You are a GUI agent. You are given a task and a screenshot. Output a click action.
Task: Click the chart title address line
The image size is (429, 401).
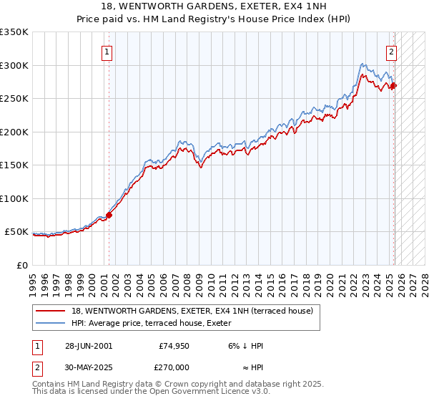click(x=214, y=7)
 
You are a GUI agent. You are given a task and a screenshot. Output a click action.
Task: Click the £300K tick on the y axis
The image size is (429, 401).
click(x=14, y=65)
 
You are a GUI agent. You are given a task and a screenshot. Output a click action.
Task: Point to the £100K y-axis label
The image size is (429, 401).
click(x=14, y=198)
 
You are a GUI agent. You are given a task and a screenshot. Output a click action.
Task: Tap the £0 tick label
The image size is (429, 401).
click(x=22, y=265)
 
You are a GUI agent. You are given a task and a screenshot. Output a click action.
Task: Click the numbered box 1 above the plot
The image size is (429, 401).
click(x=107, y=52)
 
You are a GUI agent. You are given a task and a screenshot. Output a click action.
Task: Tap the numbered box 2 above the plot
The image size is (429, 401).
click(x=392, y=52)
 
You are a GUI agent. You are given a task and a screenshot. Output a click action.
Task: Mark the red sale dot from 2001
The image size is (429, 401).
click(x=109, y=215)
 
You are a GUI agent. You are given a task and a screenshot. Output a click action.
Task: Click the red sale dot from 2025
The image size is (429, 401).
click(x=394, y=86)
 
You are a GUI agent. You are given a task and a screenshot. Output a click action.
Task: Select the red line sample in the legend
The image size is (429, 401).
click(x=51, y=311)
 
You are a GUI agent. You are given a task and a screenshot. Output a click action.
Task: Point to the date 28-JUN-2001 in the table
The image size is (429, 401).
click(x=89, y=345)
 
